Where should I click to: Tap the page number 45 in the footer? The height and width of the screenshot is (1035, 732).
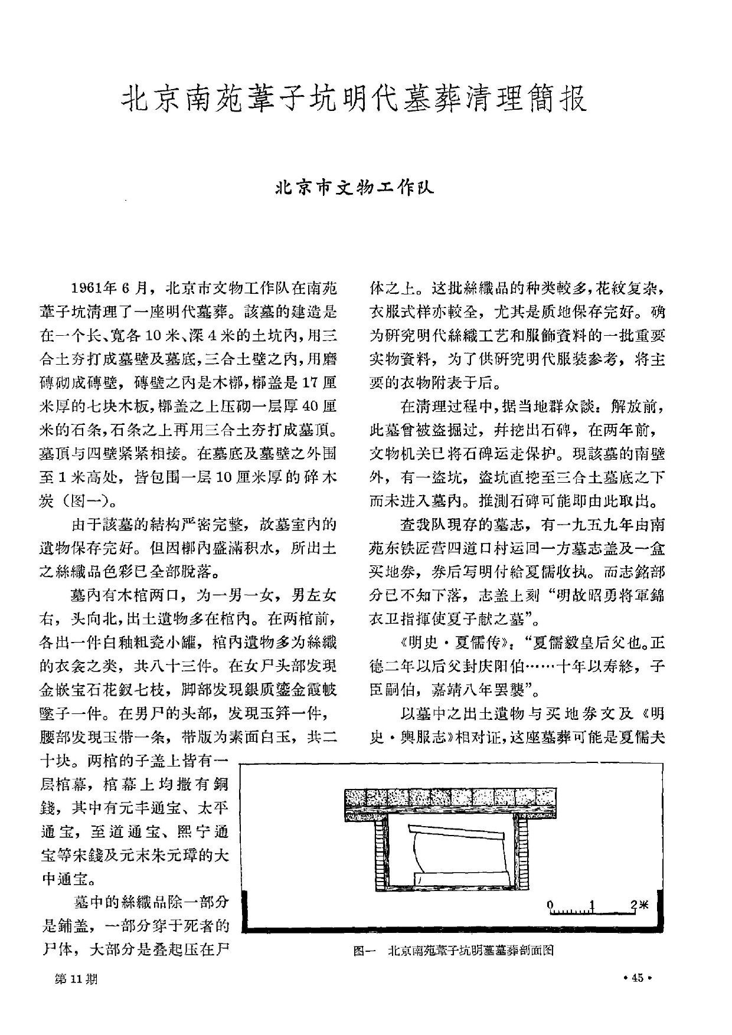point(638,978)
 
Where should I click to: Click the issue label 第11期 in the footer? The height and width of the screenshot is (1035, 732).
point(75,978)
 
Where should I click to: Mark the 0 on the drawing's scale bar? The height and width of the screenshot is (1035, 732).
point(550,905)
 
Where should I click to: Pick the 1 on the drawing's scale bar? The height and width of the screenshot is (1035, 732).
point(592,905)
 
